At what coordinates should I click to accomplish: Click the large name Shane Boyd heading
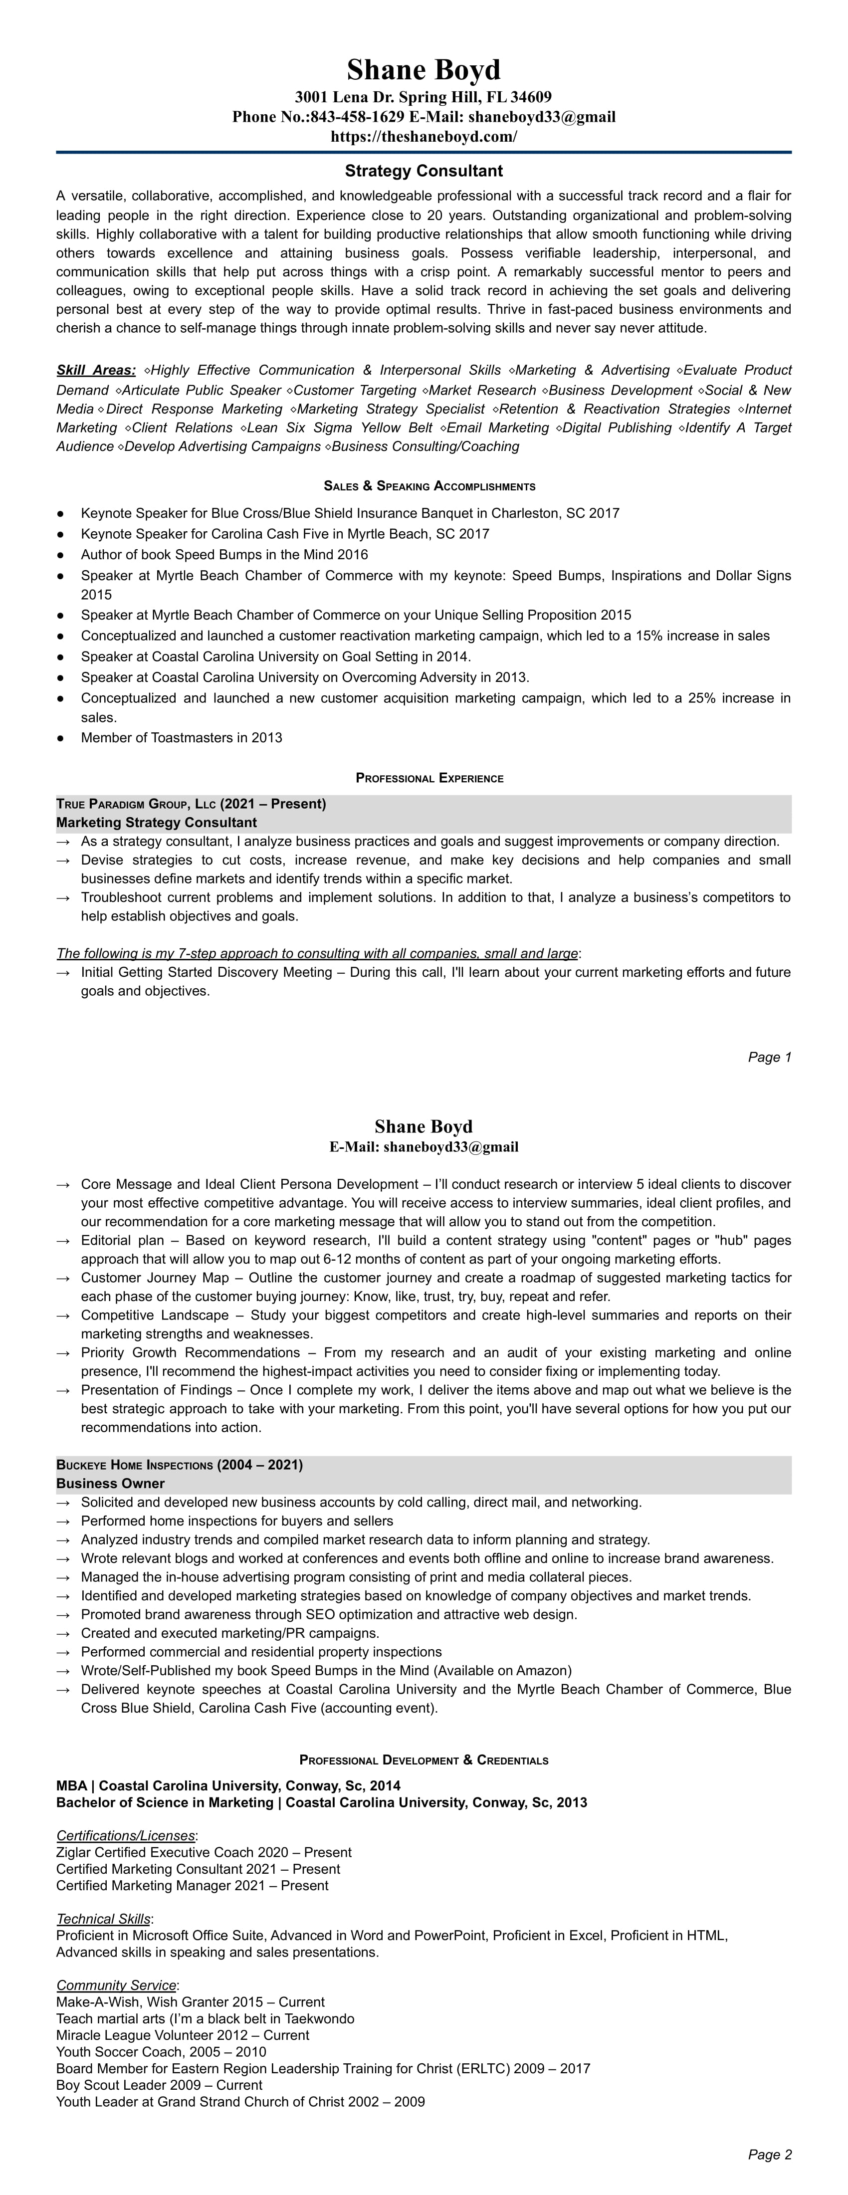click(424, 70)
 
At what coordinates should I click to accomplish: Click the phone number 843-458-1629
click(358, 117)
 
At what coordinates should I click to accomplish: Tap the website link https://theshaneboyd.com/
click(424, 136)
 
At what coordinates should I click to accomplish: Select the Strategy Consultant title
click(424, 171)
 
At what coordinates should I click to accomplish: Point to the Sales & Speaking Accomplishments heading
click(429, 486)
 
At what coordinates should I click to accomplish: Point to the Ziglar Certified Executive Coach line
click(204, 1852)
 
